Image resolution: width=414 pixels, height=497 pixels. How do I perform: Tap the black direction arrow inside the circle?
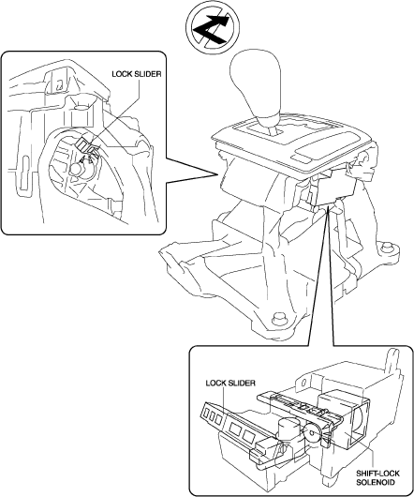point(211,29)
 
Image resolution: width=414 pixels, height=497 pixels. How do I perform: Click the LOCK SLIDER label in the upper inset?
point(137,74)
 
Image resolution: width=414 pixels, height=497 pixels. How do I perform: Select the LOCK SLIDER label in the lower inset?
point(230,383)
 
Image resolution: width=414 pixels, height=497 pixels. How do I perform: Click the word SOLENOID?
point(376,482)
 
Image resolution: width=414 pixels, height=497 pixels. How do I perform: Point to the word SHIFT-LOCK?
point(377,474)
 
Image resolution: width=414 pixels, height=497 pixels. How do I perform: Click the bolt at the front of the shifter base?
point(278,319)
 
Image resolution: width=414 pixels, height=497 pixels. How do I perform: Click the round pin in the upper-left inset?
point(75,169)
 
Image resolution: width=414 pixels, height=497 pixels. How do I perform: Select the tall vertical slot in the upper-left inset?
point(23,173)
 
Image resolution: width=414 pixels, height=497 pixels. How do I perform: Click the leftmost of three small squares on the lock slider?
point(205,412)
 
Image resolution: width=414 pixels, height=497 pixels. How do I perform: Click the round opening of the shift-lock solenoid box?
point(361,418)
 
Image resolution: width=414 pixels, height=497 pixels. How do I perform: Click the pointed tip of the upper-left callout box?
point(217,174)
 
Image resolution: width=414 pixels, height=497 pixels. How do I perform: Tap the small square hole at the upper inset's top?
point(58,85)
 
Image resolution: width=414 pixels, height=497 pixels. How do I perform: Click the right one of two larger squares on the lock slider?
point(248,435)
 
